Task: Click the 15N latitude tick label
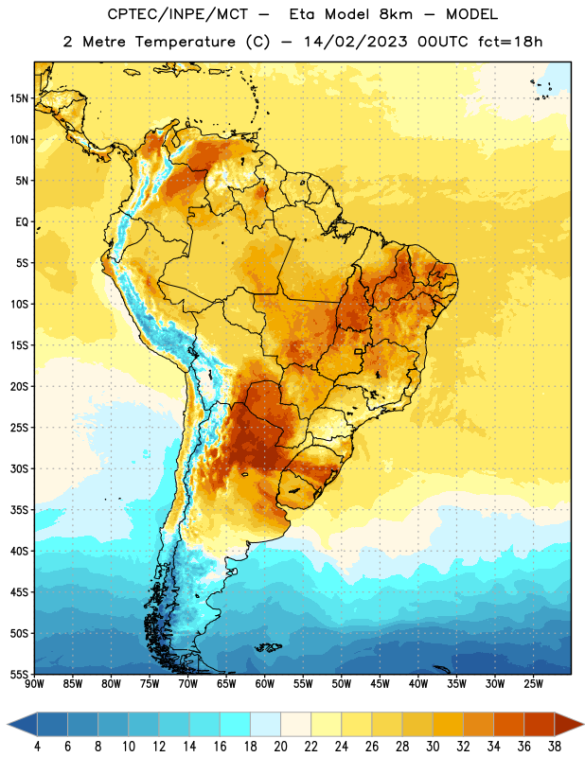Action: coord(19,98)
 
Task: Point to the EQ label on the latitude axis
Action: coord(22,222)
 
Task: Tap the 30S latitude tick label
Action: coord(19,468)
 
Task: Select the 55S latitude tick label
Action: coord(19,675)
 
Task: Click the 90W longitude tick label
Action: coord(34,684)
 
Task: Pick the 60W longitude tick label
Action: coord(265,684)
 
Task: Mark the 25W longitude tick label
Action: coord(533,684)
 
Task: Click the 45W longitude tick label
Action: coord(380,684)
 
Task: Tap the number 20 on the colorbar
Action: coord(280,747)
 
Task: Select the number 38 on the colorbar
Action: coord(555,747)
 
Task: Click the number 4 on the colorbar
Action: coord(37,747)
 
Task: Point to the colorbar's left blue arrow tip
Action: coord(8,725)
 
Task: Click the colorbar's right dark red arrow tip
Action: coord(583,725)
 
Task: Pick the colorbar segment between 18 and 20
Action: coord(265,725)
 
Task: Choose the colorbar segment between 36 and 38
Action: coord(540,725)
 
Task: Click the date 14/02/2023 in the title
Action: coord(356,42)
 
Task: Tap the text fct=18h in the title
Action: coord(510,42)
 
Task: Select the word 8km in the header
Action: coord(396,14)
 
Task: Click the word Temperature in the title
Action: coord(185,43)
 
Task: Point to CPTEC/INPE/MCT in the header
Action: coord(177,14)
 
